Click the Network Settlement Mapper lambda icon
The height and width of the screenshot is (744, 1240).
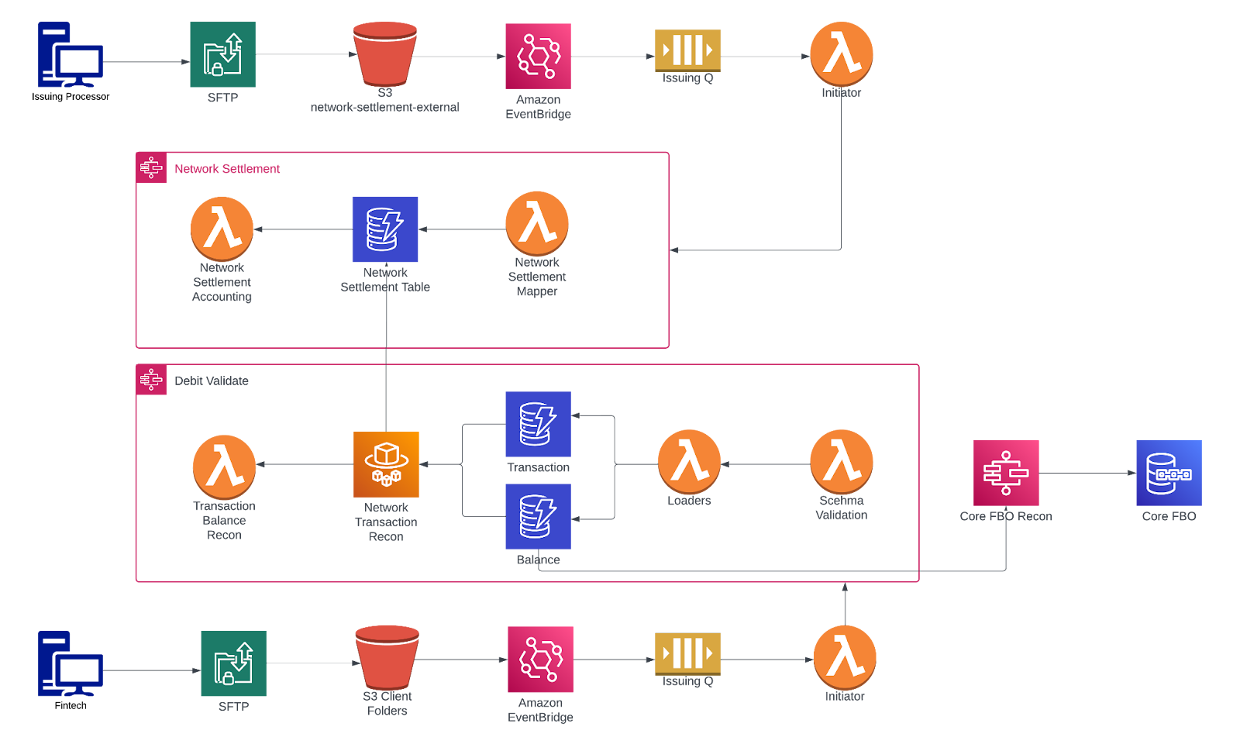click(537, 222)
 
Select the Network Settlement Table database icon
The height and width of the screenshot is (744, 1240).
click(385, 229)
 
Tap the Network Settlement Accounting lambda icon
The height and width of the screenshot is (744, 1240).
click(222, 229)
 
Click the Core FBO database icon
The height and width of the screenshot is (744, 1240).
click(1169, 473)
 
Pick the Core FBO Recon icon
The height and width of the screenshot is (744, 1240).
click(1006, 473)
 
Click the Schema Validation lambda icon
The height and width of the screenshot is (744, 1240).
click(842, 460)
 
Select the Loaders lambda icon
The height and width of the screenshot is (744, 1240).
click(689, 460)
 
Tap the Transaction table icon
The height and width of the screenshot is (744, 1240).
click(538, 424)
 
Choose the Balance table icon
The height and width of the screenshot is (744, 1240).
click(538, 517)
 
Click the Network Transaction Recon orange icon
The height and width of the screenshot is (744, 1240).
click(386, 465)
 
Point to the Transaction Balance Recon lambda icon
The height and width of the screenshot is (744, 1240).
click(224, 466)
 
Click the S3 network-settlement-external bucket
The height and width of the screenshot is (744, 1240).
click(384, 53)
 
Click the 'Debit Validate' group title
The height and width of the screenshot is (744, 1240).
click(212, 381)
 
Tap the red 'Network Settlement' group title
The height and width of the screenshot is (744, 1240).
click(227, 169)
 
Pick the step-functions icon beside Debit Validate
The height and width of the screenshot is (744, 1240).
click(151, 380)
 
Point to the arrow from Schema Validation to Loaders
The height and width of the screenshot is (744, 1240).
click(766, 464)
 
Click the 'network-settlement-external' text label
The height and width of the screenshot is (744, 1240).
click(385, 108)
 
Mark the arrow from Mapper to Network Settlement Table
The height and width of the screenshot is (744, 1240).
click(462, 229)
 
